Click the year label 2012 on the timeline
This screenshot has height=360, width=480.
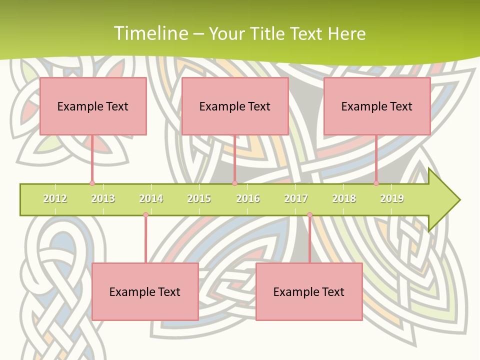55,198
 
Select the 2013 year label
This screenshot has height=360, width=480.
103,198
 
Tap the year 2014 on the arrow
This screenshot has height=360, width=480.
151,198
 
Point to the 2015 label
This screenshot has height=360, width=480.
199,198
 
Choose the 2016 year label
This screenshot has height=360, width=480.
248,198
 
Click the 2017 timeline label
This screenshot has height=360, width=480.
296,198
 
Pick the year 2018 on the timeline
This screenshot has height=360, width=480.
344,198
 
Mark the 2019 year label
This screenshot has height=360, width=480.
392,198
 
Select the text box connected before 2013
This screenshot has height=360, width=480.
93,106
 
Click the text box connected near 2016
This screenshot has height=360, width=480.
235,106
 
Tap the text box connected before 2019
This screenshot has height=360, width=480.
377,106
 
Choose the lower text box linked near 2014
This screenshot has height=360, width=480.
145,291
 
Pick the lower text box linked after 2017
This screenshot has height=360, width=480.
309,291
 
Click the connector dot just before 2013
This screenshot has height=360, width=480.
92,183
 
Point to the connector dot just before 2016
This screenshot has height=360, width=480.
234,183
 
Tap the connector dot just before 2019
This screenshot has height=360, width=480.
376,183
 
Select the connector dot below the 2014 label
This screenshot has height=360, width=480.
145,215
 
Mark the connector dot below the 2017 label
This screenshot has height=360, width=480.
309,215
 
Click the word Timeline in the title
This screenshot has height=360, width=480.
150,33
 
